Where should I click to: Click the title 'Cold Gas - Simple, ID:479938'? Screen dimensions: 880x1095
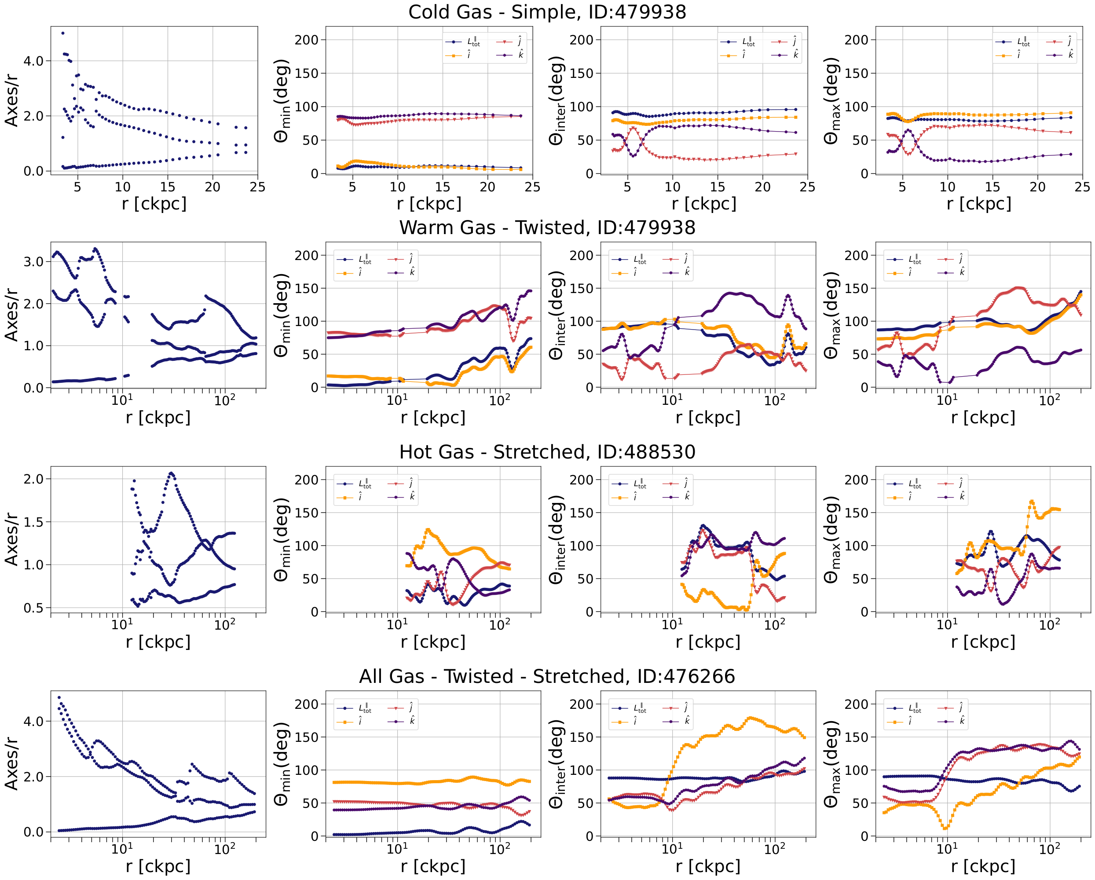point(547,12)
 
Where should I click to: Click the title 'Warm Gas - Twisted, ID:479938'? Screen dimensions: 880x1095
point(547,227)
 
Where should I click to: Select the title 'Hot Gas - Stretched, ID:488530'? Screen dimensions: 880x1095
point(547,452)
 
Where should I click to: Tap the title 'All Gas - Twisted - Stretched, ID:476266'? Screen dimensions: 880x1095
point(547,676)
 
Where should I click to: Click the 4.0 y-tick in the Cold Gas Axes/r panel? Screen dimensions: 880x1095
point(33,61)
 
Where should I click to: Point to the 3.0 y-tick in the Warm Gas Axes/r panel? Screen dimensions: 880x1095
point(33,262)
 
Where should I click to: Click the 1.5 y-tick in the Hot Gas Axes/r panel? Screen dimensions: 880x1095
point(33,522)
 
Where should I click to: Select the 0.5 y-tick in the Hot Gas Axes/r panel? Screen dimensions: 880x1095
point(33,608)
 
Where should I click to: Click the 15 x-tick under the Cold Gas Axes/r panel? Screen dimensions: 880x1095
point(168,187)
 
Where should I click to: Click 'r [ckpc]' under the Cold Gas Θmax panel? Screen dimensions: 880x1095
point(979,204)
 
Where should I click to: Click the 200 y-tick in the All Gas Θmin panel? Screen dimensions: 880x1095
point(306,704)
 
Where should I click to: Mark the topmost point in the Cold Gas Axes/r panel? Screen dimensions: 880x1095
point(62,33)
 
